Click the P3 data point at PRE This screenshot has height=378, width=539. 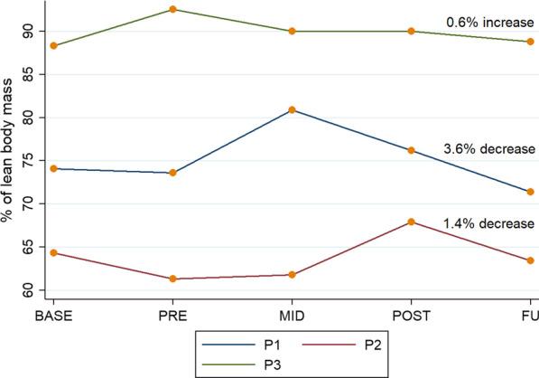(172, 10)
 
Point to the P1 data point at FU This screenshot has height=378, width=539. (530, 192)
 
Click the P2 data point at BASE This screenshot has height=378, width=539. (53, 253)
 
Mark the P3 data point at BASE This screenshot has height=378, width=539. (53, 45)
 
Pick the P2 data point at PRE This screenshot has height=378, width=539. (172, 279)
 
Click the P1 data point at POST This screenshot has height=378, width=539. (411, 150)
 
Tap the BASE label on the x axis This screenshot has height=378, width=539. (53, 316)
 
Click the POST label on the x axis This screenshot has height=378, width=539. (411, 316)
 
